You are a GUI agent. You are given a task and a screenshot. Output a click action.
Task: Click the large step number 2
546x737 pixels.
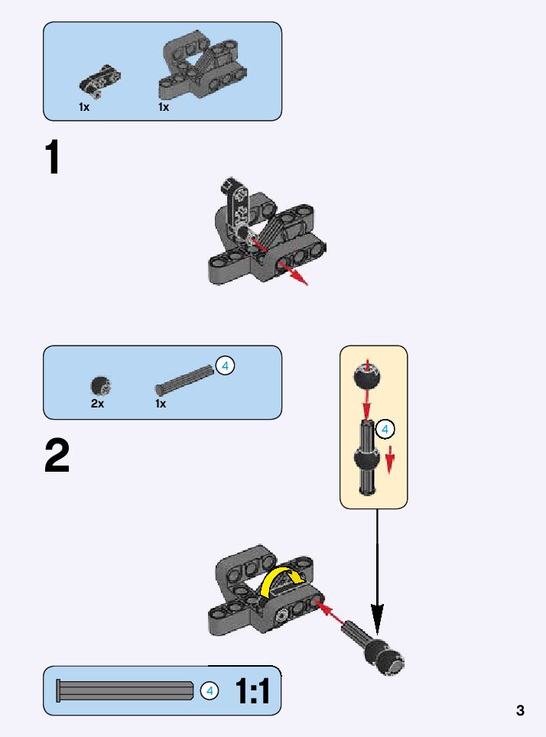pos(57,456)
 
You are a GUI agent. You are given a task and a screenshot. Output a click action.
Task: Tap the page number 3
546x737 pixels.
pos(520,710)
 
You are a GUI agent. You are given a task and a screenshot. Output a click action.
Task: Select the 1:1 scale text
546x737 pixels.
pos(252,692)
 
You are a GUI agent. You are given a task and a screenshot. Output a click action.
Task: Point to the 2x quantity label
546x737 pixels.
pos(97,404)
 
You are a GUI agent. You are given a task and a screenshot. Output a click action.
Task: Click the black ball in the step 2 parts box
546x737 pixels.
pos(99,385)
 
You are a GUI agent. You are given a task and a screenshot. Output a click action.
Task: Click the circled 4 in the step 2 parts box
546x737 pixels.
pos(225,365)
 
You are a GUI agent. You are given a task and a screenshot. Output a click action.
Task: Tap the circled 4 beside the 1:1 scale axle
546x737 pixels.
pos(209,691)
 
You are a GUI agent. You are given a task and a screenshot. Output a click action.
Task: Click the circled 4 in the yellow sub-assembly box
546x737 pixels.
pos(385,429)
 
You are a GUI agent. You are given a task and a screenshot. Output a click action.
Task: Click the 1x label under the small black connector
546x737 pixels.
pos(84,108)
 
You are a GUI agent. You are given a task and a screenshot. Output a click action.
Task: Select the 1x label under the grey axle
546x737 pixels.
pos(161,404)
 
